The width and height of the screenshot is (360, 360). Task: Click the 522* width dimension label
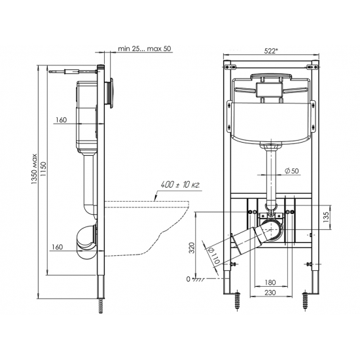click(271, 51)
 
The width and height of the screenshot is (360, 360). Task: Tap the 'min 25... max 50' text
click(145, 48)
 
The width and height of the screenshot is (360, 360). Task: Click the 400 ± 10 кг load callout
click(180, 185)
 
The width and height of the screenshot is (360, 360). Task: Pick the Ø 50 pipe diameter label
click(291, 171)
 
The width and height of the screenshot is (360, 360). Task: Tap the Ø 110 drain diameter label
click(214, 255)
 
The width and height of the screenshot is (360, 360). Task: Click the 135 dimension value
click(326, 217)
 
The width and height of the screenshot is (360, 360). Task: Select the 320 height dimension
click(192, 247)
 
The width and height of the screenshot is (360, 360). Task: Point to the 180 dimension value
click(270, 282)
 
